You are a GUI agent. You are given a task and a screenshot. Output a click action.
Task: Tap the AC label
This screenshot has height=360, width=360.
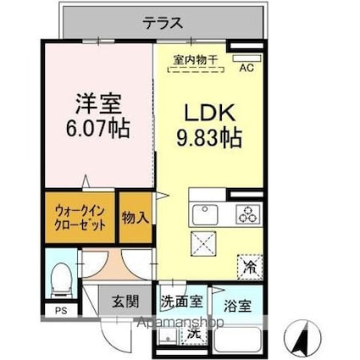(x=247, y=67)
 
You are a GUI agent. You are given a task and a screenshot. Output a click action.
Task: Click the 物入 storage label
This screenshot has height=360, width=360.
(x=135, y=218)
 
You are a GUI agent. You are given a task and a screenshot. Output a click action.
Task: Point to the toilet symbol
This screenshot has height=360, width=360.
(x=60, y=276)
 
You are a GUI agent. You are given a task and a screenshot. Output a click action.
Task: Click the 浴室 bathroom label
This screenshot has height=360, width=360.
(x=236, y=302)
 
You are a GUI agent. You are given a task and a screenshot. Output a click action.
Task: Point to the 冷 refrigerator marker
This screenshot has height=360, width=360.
(x=250, y=264)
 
